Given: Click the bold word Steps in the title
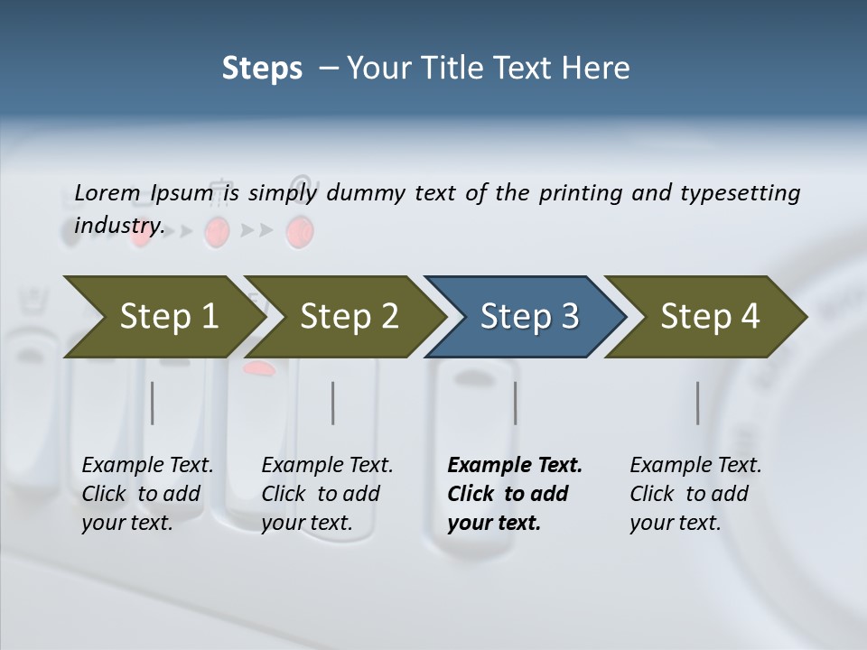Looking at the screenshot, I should coord(262,68).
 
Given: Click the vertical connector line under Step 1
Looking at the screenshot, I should coord(153,403).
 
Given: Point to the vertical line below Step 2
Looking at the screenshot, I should coord(333,403).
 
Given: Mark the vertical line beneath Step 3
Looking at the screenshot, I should coord(515,403).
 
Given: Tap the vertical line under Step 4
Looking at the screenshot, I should coord(697,403).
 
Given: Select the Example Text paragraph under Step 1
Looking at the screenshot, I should coord(147,494).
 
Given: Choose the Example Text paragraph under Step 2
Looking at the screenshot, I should coord(327,494).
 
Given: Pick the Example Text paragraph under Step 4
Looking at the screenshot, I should coord(695,494).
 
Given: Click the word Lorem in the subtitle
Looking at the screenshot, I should coord(107,193).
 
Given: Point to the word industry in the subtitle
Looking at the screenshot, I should coord(118,226).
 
